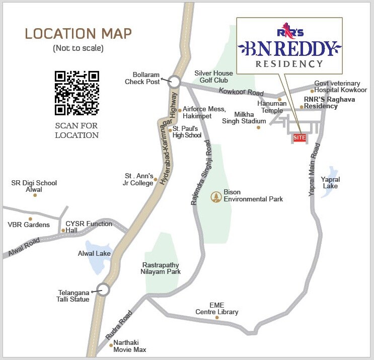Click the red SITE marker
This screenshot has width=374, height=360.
coord(299,137)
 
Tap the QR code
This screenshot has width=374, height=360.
coord(77,93)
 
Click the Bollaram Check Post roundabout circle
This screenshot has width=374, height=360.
coord(174,81)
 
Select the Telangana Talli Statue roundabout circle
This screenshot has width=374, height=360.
coord(103,290)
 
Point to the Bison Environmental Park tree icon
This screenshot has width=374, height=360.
coord(216,195)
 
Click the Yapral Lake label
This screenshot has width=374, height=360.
coord(330,183)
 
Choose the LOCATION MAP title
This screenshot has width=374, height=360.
coord(78,34)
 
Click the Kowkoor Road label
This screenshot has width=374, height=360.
coord(241,92)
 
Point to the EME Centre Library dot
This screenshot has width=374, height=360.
coord(217,317)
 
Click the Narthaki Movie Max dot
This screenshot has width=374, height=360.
coord(111,345)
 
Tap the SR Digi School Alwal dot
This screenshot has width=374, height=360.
coord(35,195)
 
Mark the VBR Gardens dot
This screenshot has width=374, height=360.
coord(30,219)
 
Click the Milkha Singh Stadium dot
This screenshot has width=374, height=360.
coord(258,127)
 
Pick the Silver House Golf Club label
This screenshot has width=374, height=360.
coord(214,77)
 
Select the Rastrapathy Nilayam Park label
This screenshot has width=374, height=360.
coord(161,268)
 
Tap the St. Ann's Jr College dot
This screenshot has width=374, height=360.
coord(156,179)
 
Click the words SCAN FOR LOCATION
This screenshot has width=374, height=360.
coord(77,130)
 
